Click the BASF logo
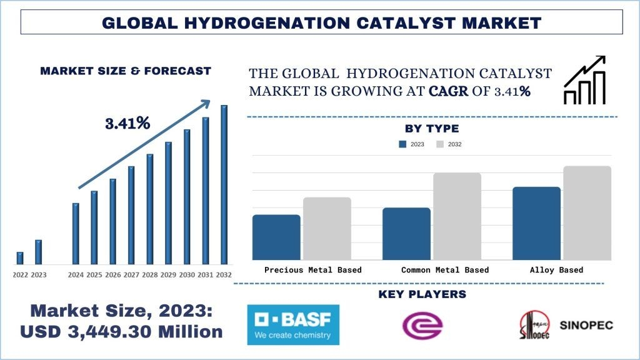point(293,324)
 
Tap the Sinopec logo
point(566,325)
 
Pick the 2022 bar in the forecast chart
point(20,257)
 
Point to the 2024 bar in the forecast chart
point(76,233)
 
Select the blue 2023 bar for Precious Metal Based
point(276,237)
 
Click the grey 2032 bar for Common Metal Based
point(457,216)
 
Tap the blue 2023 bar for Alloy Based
point(536,223)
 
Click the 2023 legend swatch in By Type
point(403,144)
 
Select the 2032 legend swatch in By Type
point(440,144)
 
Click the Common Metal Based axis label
point(445,270)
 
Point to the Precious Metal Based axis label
point(313,270)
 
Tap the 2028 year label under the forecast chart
point(150,274)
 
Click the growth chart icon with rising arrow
point(584,80)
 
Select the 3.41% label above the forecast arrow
point(127,123)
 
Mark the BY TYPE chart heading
point(432,129)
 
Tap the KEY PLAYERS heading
point(422,294)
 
